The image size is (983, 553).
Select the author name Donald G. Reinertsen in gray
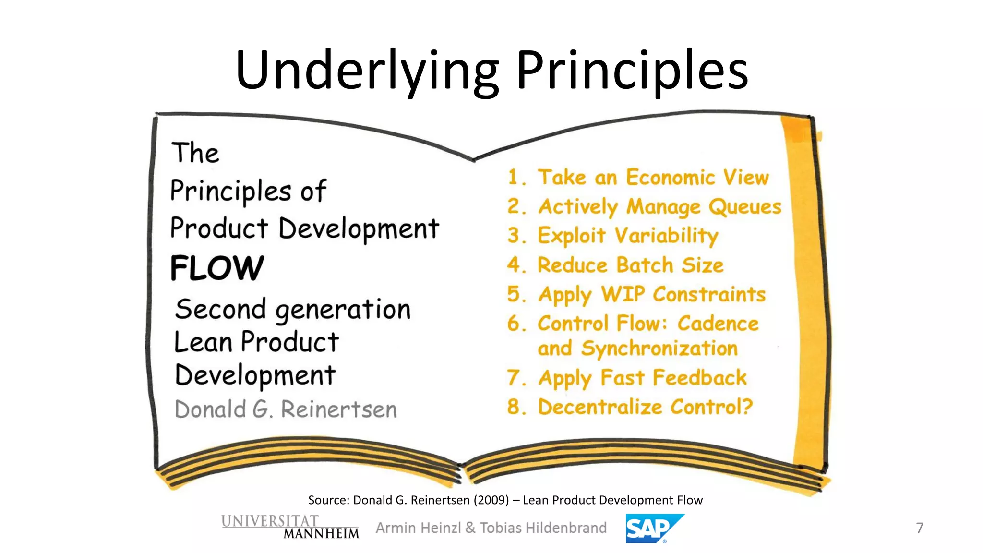click(x=286, y=409)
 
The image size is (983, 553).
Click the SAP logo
click(x=654, y=529)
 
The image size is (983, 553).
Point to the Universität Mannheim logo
click(x=290, y=527)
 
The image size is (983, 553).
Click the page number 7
click(x=919, y=528)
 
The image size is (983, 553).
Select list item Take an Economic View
click(x=653, y=177)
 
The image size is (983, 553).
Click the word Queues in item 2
click(x=745, y=207)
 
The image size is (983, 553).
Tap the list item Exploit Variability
click(x=627, y=236)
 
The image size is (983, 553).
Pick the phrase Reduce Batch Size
click(x=630, y=265)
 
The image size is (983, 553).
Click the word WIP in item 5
click(x=623, y=294)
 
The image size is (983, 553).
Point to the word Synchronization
click(x=659, y=349)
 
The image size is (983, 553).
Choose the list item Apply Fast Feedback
click(x=642, y=378)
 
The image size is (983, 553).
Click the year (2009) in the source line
click(x=491, y=500)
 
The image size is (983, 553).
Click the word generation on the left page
click(x=343, y=310)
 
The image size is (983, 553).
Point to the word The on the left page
click(x=195, y=153)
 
